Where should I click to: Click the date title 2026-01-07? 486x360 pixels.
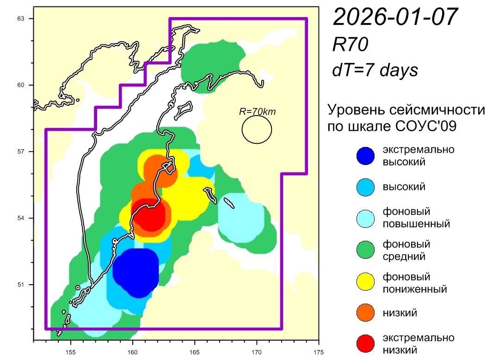(395, 18)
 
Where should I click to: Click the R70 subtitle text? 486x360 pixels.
(350, 44)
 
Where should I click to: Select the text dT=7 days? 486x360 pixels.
(375, 70)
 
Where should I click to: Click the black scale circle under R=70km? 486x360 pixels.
(257, 129)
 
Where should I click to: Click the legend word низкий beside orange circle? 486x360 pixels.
(400, 313)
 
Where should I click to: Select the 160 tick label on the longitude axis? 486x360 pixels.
(133, 350)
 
